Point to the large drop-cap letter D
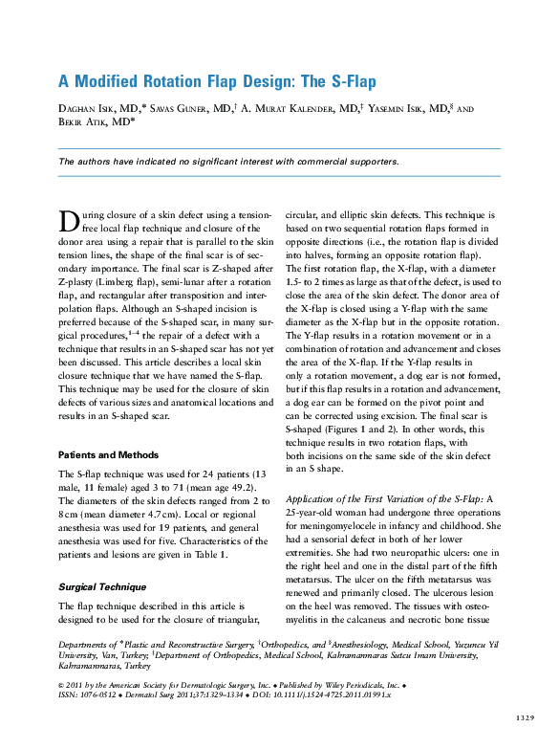[69, 222]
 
